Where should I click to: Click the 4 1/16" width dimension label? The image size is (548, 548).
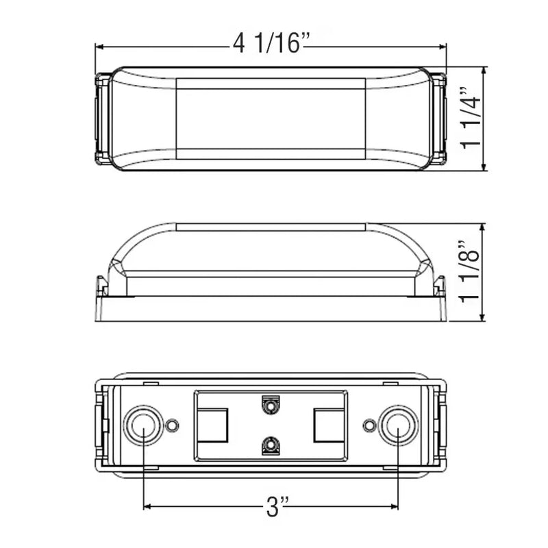point(271,43)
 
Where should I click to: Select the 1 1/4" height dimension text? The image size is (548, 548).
point(471,118)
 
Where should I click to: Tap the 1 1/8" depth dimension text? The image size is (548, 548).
point(470,271)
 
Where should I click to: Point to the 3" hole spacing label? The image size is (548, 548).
point(277,507)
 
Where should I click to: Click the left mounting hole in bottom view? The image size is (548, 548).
point(143,425)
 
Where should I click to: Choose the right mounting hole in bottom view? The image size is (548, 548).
point(398,425)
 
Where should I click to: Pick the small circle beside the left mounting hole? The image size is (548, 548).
point(172,425)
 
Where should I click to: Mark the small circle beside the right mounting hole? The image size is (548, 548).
point(369,425)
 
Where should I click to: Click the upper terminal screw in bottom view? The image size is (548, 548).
point(271,406)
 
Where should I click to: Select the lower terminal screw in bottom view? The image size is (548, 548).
point(271,445)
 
